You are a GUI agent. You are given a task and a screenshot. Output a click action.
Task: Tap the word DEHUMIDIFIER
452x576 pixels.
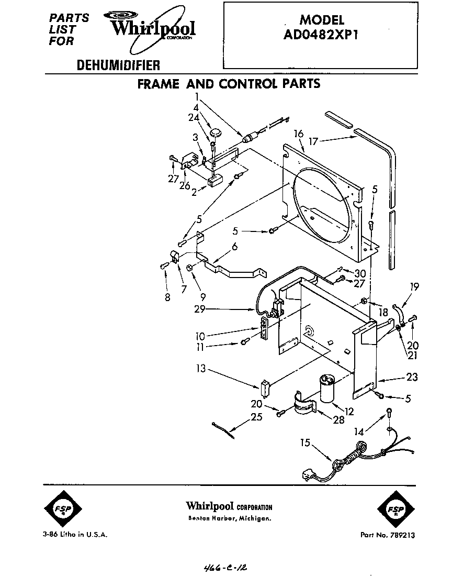pos(118,65)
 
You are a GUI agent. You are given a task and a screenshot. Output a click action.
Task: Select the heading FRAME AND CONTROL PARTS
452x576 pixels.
pos(229,84)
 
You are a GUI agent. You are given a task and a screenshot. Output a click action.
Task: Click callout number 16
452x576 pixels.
pos(299,135)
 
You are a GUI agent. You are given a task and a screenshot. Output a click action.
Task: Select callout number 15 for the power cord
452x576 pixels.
pos(304,443)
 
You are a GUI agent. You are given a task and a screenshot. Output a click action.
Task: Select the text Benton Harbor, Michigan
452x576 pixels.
pos(230,518)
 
